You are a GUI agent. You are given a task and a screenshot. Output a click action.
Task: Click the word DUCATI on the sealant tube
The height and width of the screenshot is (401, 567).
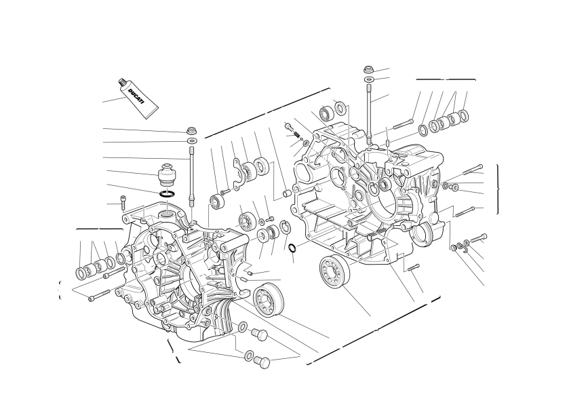pos(136,96)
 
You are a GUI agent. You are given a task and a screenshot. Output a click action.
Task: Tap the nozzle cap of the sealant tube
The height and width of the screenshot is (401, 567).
pos(122,83)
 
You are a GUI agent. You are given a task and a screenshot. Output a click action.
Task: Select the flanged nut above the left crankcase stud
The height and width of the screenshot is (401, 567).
pos(191,130)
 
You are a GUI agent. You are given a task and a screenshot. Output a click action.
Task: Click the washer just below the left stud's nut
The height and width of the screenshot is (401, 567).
pos(192,140)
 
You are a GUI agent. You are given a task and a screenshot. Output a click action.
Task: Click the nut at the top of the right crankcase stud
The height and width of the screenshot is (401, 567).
pos(368,69)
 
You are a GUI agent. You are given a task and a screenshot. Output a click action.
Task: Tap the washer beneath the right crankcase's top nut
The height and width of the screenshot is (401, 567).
pos(369,79)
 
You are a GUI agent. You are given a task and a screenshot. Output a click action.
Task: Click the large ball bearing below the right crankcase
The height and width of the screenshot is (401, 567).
pos(335,272)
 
